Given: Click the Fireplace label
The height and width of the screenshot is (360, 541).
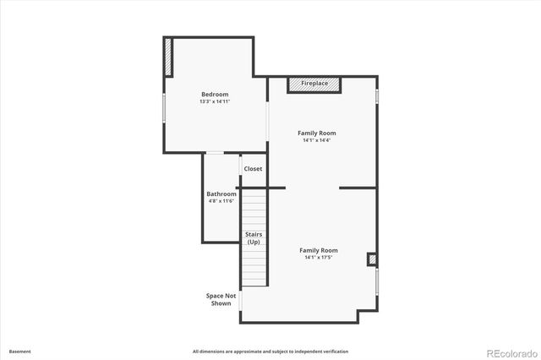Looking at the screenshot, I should coord(314,84).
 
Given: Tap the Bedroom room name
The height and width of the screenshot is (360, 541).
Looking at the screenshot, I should coord(215,94).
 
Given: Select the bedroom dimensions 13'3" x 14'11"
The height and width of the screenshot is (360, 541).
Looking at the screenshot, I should coord(215,101).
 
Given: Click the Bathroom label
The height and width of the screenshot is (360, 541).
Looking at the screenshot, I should coord(221,194).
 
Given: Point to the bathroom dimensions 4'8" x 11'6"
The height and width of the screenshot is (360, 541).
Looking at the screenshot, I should coord(221,201).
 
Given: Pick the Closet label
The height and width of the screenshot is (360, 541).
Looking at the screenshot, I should coord(253,169).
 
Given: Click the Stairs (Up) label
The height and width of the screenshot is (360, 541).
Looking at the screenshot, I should coord(253,237).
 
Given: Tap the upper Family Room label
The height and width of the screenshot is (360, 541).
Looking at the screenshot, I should coord(316,133).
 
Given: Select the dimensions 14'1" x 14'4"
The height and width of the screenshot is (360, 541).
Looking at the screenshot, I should coord(316,140).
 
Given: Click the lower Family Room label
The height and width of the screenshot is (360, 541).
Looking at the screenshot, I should coord(319,250).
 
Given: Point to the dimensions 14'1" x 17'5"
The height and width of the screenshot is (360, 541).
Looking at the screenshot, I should coord(319,258).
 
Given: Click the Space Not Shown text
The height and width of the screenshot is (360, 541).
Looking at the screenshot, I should coord(221,299).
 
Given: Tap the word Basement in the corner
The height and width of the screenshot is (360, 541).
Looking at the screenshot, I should coord(20,351).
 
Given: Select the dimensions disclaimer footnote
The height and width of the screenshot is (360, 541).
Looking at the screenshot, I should coord(270,351).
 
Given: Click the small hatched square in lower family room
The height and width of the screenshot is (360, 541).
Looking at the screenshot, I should coord(371,259).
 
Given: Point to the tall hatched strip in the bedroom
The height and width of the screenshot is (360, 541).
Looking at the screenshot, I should coord(168,57).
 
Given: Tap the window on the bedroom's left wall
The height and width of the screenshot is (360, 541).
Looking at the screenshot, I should coord(163,107).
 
